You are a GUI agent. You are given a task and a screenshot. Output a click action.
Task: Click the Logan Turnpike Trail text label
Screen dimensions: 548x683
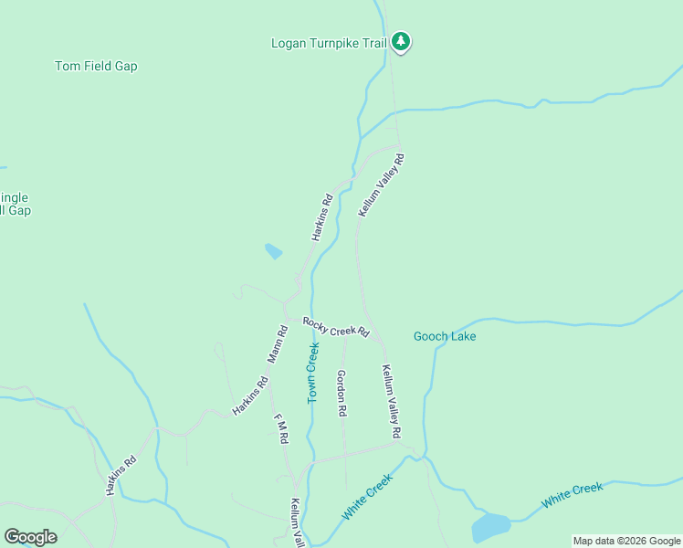coord(329,43)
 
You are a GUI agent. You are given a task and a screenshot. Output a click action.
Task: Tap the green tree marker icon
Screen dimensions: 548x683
coord(400,41)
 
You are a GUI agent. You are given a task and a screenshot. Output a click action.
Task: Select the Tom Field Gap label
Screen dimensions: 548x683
coord(96,67)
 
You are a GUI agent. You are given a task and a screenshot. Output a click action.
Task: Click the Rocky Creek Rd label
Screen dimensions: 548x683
coord(336,327)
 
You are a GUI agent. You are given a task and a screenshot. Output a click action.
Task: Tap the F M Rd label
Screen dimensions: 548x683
coord(282,428)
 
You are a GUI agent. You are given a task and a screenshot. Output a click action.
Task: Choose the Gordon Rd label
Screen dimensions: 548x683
coord(341,393)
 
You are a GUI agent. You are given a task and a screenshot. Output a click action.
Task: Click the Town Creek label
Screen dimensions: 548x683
coord(313,374)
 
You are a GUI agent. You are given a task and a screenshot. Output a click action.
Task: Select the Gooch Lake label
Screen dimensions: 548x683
coord(445,336)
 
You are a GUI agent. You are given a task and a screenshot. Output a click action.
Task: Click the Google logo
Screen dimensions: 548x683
coord(30,537)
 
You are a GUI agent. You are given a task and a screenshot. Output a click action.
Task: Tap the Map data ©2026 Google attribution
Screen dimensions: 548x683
coord(626,541)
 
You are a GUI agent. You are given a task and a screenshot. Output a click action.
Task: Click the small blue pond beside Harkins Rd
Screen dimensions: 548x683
coord(273,250)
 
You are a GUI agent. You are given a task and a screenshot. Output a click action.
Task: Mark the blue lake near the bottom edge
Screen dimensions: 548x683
coord(490,527)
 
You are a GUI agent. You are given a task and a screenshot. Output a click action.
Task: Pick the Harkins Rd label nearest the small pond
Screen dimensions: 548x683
coord(320,217)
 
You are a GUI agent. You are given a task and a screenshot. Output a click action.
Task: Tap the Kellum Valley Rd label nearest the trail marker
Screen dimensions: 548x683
coord(381,185)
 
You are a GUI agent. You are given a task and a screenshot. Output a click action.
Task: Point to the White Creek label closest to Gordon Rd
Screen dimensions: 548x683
coord(367,497)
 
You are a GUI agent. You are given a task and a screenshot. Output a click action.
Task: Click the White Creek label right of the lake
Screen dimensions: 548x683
coord(572,495)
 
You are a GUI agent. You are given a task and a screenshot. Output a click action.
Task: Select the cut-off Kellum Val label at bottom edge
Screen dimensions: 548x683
coord(296,522)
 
